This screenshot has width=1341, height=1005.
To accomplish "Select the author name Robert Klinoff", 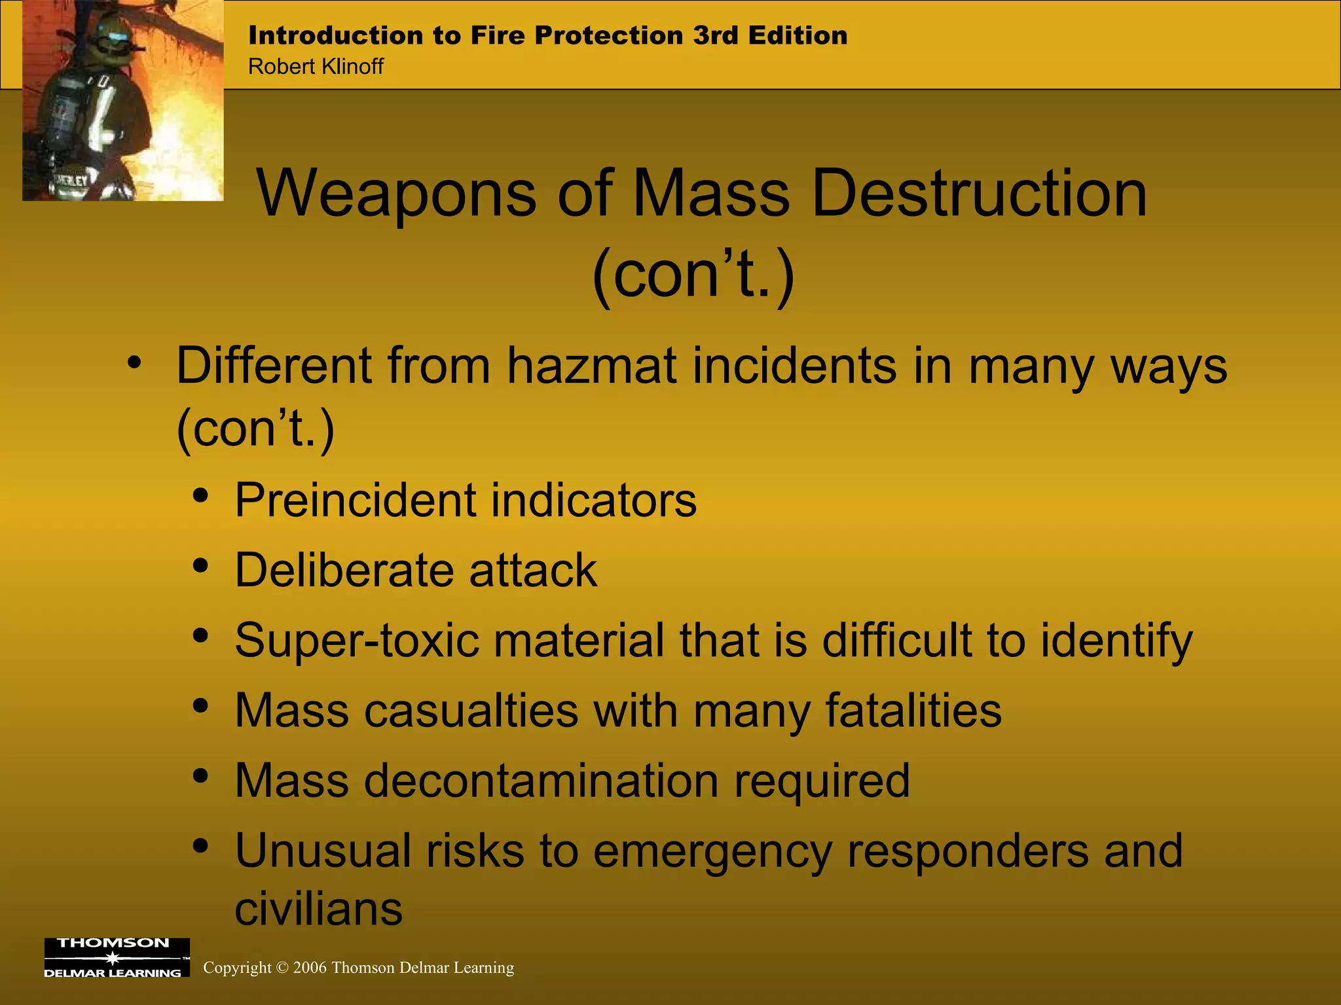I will (316, 67).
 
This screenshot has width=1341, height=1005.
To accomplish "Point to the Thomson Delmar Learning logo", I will (117, 957).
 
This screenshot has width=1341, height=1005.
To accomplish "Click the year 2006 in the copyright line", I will (310, 968).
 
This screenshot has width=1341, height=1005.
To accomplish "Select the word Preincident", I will (354, 501).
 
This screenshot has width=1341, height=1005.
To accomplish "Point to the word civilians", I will (318, 909).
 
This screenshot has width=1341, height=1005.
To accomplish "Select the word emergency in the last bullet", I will (713, 851).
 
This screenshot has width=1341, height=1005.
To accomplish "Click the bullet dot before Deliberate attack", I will (201, 565).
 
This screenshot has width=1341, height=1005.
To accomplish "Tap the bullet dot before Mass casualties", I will (201, 705).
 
